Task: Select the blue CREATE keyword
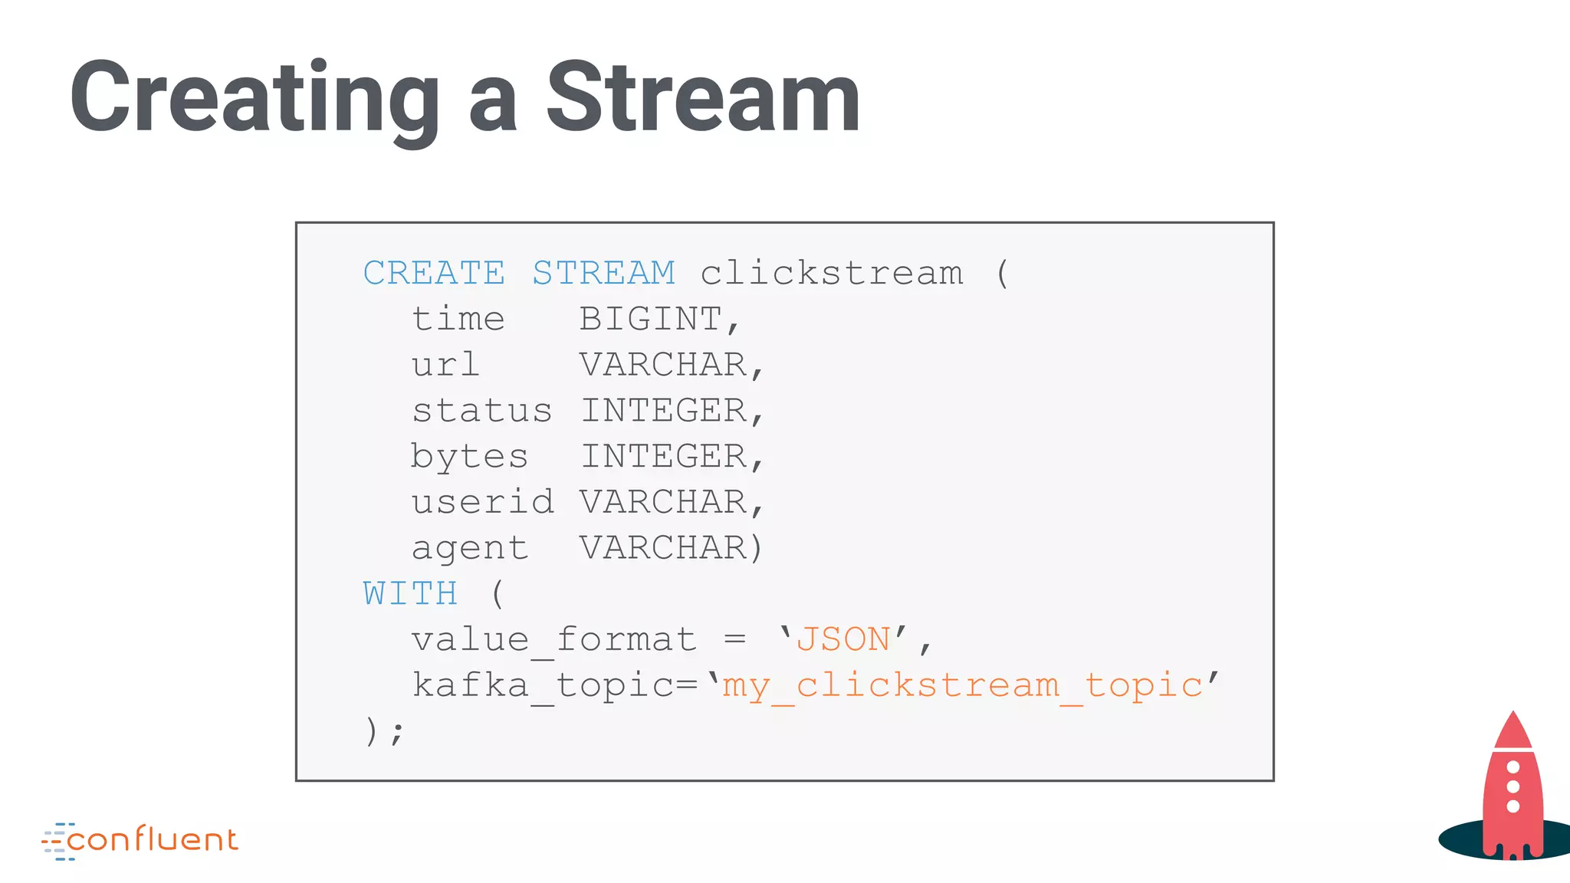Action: (434, 274)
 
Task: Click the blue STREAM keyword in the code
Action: (603, 274)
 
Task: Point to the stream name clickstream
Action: (831, 274)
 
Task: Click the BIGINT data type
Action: (650, 320)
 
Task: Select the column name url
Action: (445, 365)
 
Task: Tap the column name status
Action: (481, 411)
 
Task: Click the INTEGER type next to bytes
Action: (664, 457)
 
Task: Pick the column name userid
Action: (482, 503)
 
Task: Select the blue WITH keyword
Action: (410, 594)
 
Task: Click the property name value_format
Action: (553, 640)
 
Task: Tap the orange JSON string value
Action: (843, 640)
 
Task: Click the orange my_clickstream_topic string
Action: (962, 685)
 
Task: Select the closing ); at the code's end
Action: (383, 731)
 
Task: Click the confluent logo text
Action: (152, 840)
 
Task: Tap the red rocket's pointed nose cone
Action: (1513, 729)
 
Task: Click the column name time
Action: (458, 320)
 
